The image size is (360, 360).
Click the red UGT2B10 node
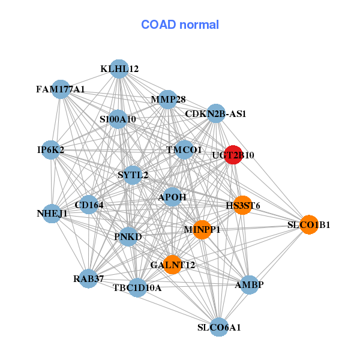click(233, 155)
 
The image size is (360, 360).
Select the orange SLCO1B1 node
click(309, 225)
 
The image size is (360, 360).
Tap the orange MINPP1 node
click(202, 230)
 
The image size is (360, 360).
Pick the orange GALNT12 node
click(172, 265)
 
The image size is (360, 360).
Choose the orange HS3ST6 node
click(242, 205)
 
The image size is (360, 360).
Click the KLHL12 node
click(119, 69)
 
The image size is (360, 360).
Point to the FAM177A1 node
click(61, 89)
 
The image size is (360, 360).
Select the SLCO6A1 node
click(219, 327)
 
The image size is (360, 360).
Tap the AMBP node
click(249, 284)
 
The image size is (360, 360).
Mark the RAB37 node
click(88, 279)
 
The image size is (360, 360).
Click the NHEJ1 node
click(52, 214)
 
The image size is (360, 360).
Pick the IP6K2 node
click(51, 150)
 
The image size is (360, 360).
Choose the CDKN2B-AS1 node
click(216, 113)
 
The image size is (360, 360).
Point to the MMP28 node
click(168, 100)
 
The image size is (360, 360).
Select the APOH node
click(172, 197)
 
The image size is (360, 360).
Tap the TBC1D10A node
click(137, 287)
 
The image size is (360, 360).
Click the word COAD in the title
click(158, 25)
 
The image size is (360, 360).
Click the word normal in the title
click(199, 25)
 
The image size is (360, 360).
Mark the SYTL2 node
click(133, 175)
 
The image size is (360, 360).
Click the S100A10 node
click(118, 119)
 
